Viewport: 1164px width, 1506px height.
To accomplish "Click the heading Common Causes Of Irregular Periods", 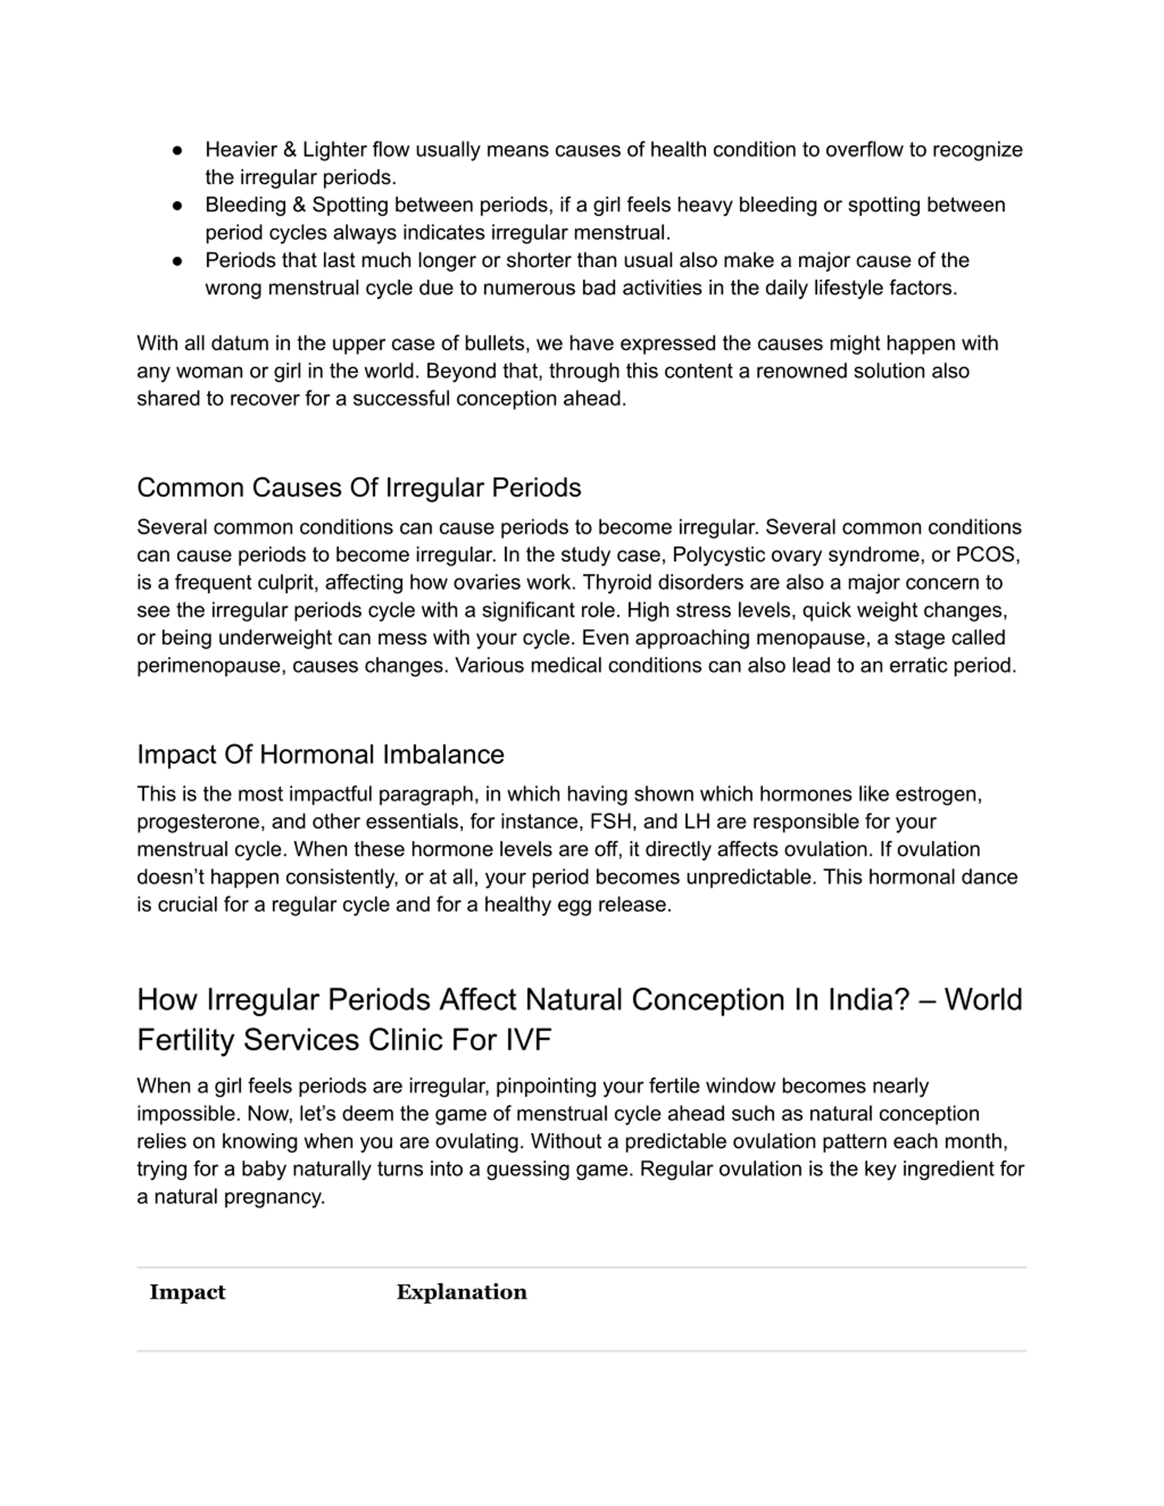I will coord(359,487).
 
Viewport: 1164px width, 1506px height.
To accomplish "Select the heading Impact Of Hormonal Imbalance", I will coord(320,755).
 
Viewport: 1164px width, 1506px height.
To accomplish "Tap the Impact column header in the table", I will coord(187,1291).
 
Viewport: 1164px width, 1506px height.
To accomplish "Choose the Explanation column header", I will coord(462,1291).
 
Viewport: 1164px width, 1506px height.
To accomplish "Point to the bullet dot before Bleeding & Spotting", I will coord(177,205).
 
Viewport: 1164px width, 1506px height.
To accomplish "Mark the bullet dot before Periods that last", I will coord(177,260).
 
